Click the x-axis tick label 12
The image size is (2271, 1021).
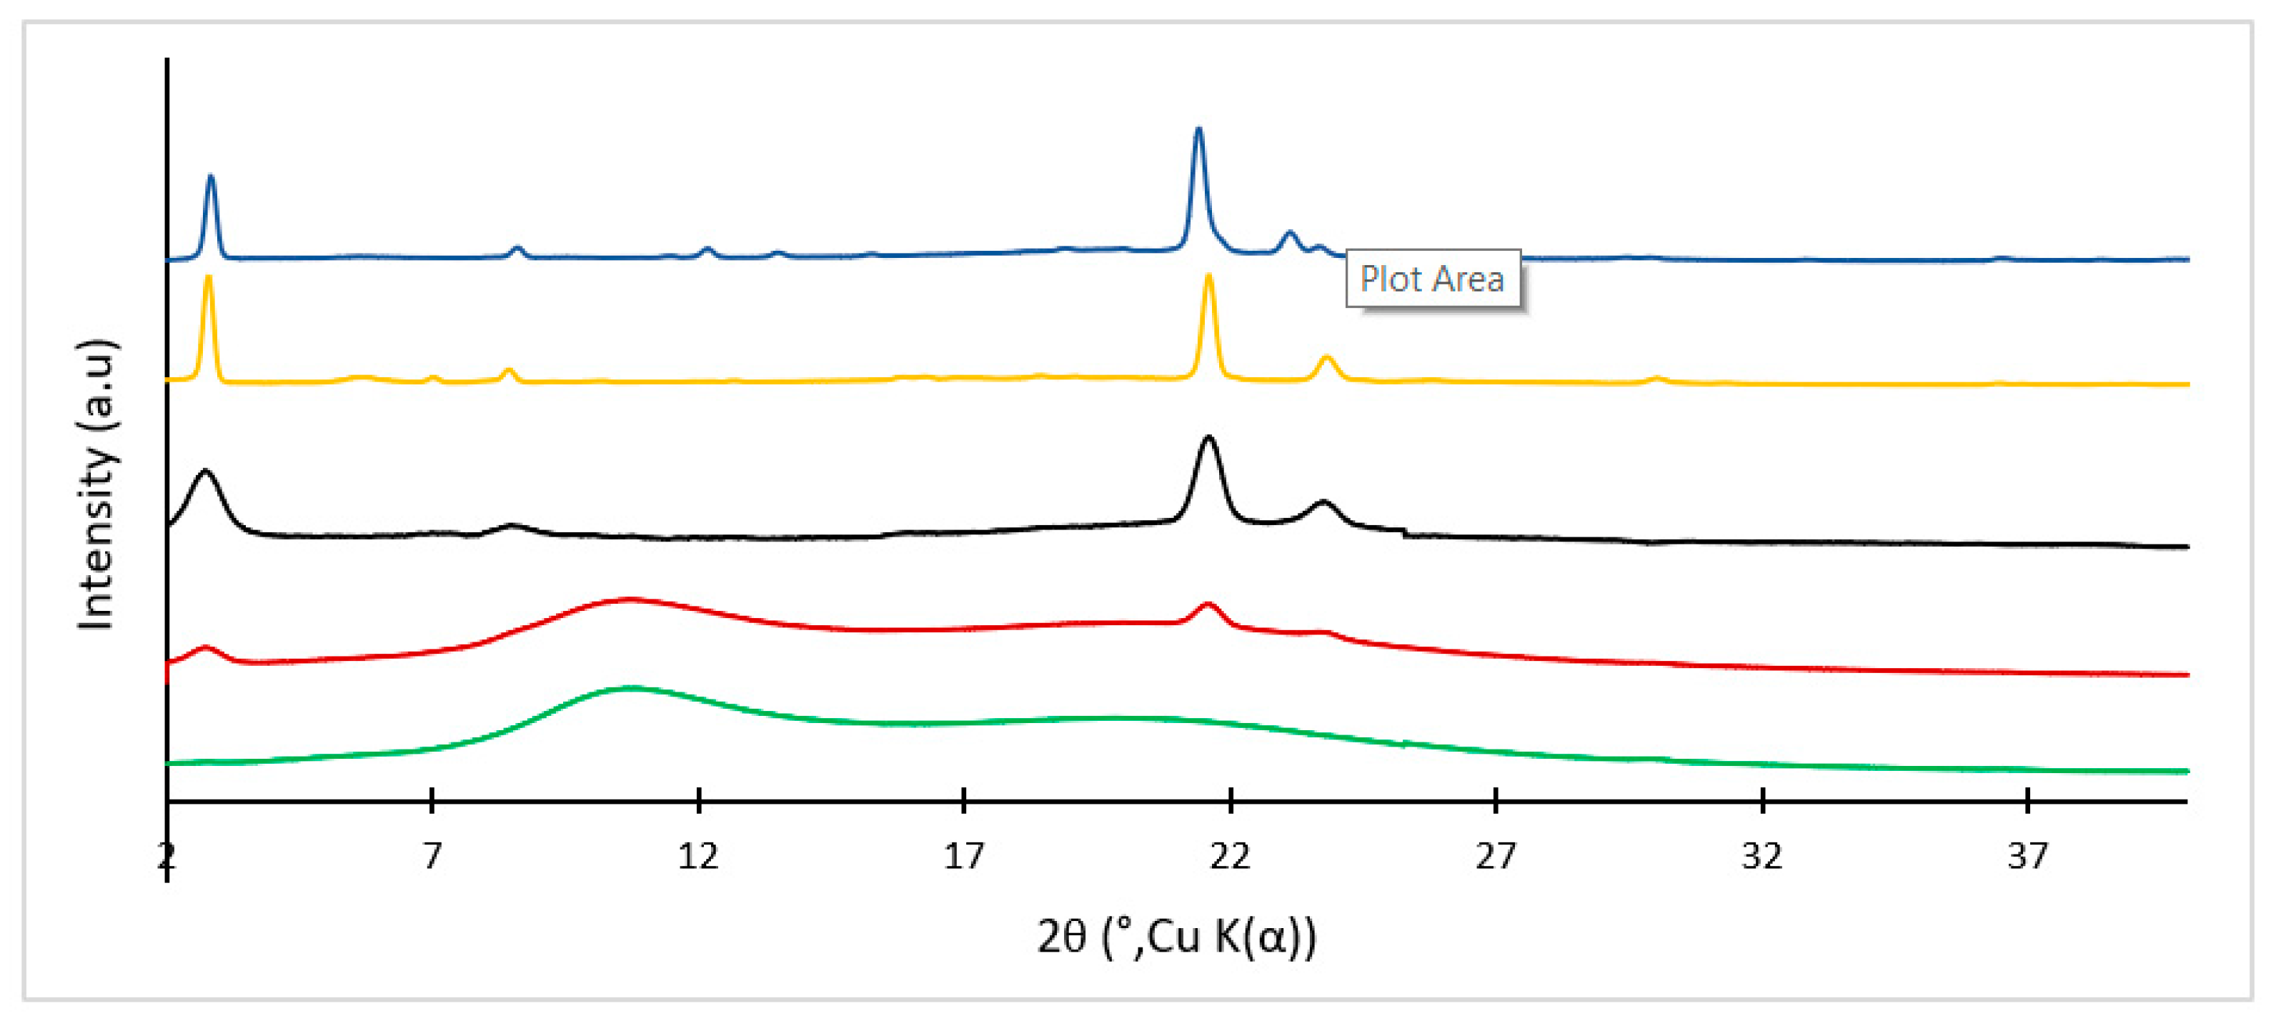tap(698, 856)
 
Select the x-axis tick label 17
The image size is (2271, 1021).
tap(963, 856)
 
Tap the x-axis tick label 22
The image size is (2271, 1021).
tap(1230, 856)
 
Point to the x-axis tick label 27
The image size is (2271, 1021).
tap(1496, 856)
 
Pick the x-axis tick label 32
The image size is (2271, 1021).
tap(1762, 856)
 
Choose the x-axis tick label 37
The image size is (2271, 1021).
tap(2028, 856)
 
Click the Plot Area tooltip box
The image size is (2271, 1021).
tap(1433, 279)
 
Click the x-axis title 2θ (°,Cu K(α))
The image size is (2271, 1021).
tap(1177, 937)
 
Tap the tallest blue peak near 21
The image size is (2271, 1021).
tap(1197, 131)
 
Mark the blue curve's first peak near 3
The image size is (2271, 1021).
tap(210, 177)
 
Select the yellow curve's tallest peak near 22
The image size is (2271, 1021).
tap(1208, 277)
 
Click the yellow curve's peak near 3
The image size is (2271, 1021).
tap(208, 278)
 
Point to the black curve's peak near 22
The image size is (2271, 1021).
tap(1208, 438)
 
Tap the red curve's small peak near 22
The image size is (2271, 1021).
tap(1208, 605)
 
